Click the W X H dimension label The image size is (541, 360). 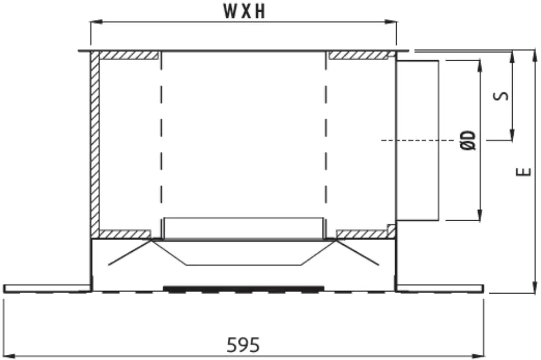click(244, 11)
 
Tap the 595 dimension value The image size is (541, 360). click(243, 346)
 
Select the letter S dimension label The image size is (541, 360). click(503, 95)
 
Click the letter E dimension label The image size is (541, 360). click(523, 171)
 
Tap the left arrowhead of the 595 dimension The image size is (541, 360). click(8, 355)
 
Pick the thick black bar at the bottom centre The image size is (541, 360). click(243, 288)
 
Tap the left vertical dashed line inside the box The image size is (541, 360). click(162, 139)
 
